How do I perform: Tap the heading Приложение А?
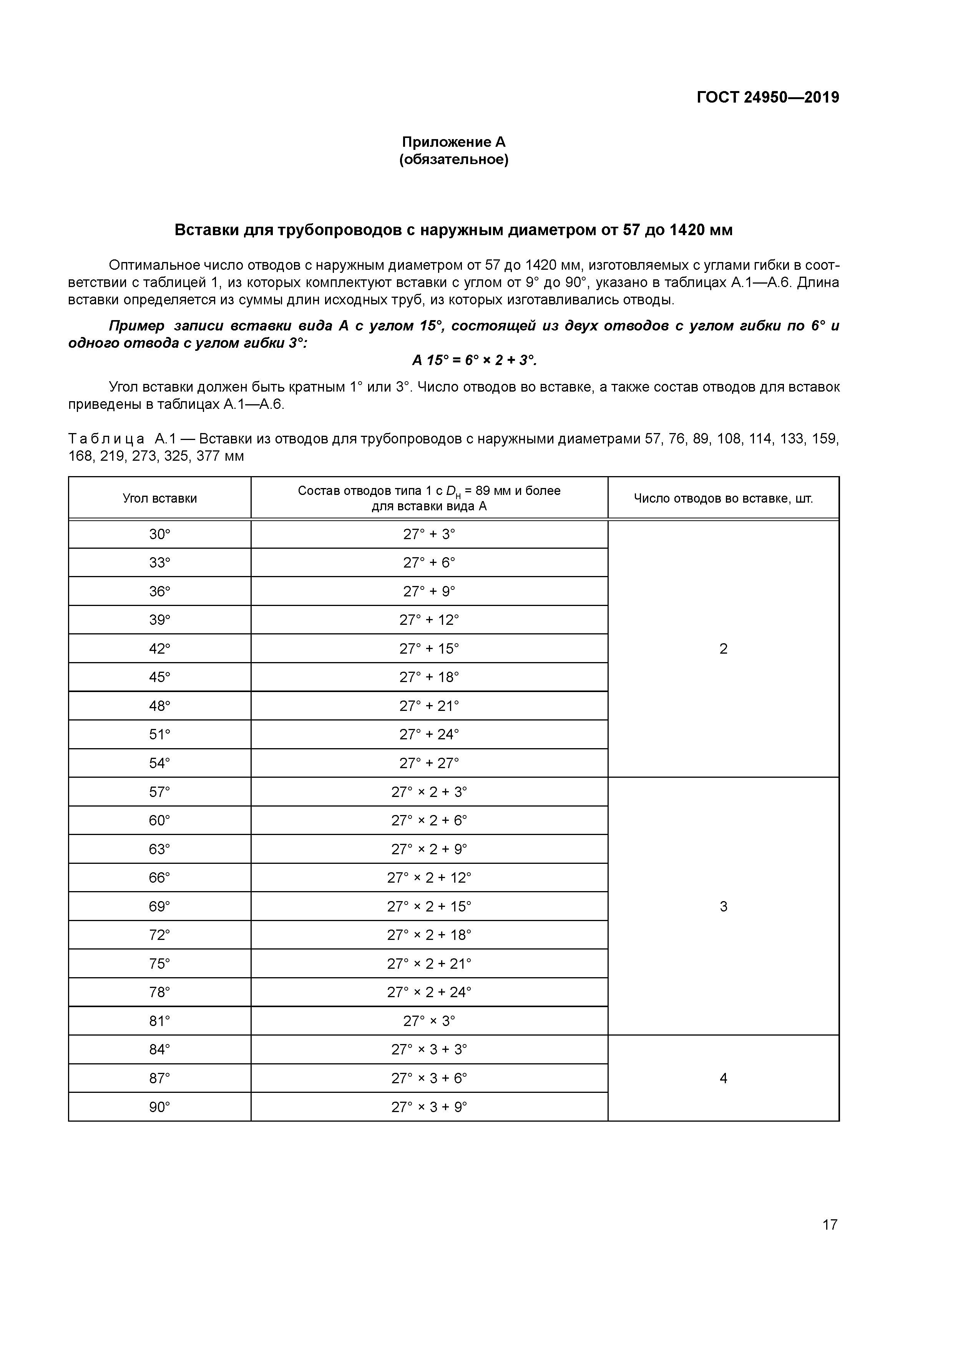click(453, 142)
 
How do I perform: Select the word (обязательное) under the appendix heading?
click(453, 160)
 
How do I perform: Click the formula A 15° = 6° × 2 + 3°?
click(475, 360)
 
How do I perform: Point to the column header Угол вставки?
click(160, 498)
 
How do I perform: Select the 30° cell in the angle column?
click(160, 534)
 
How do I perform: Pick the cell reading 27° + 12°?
click(429, 620)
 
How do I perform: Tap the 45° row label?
click(160, 677)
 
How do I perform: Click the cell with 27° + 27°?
click(429, 763)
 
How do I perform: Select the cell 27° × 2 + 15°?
click(429, 906)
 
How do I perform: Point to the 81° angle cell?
click(160, 1021)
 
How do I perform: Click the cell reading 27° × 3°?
click(429, 1021)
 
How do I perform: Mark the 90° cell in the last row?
click(160, 1107)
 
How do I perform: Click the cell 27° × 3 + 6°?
click(429, 1079)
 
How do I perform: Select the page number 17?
click(829, 1225)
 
